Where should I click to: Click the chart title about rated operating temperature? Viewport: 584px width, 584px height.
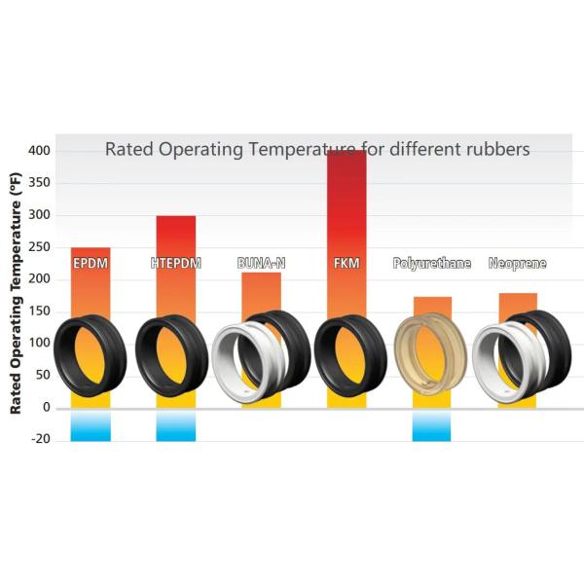[317, 150]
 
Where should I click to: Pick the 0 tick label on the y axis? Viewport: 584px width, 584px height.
[46, 407]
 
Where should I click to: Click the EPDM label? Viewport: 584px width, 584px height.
[90, 263]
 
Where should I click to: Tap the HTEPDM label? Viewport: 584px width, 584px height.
[175, 263]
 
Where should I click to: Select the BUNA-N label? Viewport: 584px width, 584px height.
[261, 263]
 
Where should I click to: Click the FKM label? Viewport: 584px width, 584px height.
[347, 263]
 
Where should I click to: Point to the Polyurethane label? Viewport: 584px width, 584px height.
[431, 263]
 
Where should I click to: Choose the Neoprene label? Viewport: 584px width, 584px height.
[517, 263]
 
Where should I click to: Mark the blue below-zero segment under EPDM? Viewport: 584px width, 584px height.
[91, 425]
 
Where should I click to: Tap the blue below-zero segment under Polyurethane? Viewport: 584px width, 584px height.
[431, 425]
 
